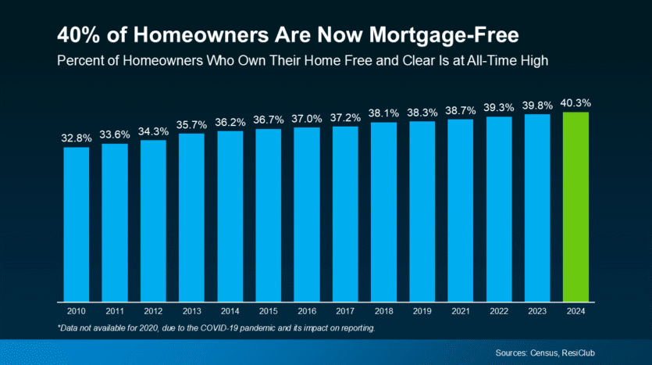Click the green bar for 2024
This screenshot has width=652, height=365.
[x=575, y=207]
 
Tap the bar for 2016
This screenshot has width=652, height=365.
[x=306, y=215]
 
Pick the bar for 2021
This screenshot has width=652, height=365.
[x=460, y=210]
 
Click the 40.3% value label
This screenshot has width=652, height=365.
[x=575, y=102]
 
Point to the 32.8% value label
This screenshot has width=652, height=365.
[x=76, y=138]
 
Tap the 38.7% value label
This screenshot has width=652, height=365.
[x=460, y=110]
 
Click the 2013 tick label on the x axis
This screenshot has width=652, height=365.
[x=191, y=310]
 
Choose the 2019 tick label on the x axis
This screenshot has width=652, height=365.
[x=422, y=310]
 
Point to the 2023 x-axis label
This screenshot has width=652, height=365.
[x=537, y=310]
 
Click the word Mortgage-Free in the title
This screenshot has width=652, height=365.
[x=439, y=35]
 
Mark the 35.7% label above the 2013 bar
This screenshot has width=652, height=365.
[x=191, y=123]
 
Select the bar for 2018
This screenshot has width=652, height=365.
[x=383, y=212]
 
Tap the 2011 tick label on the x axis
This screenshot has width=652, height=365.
[x=114, y=310]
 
